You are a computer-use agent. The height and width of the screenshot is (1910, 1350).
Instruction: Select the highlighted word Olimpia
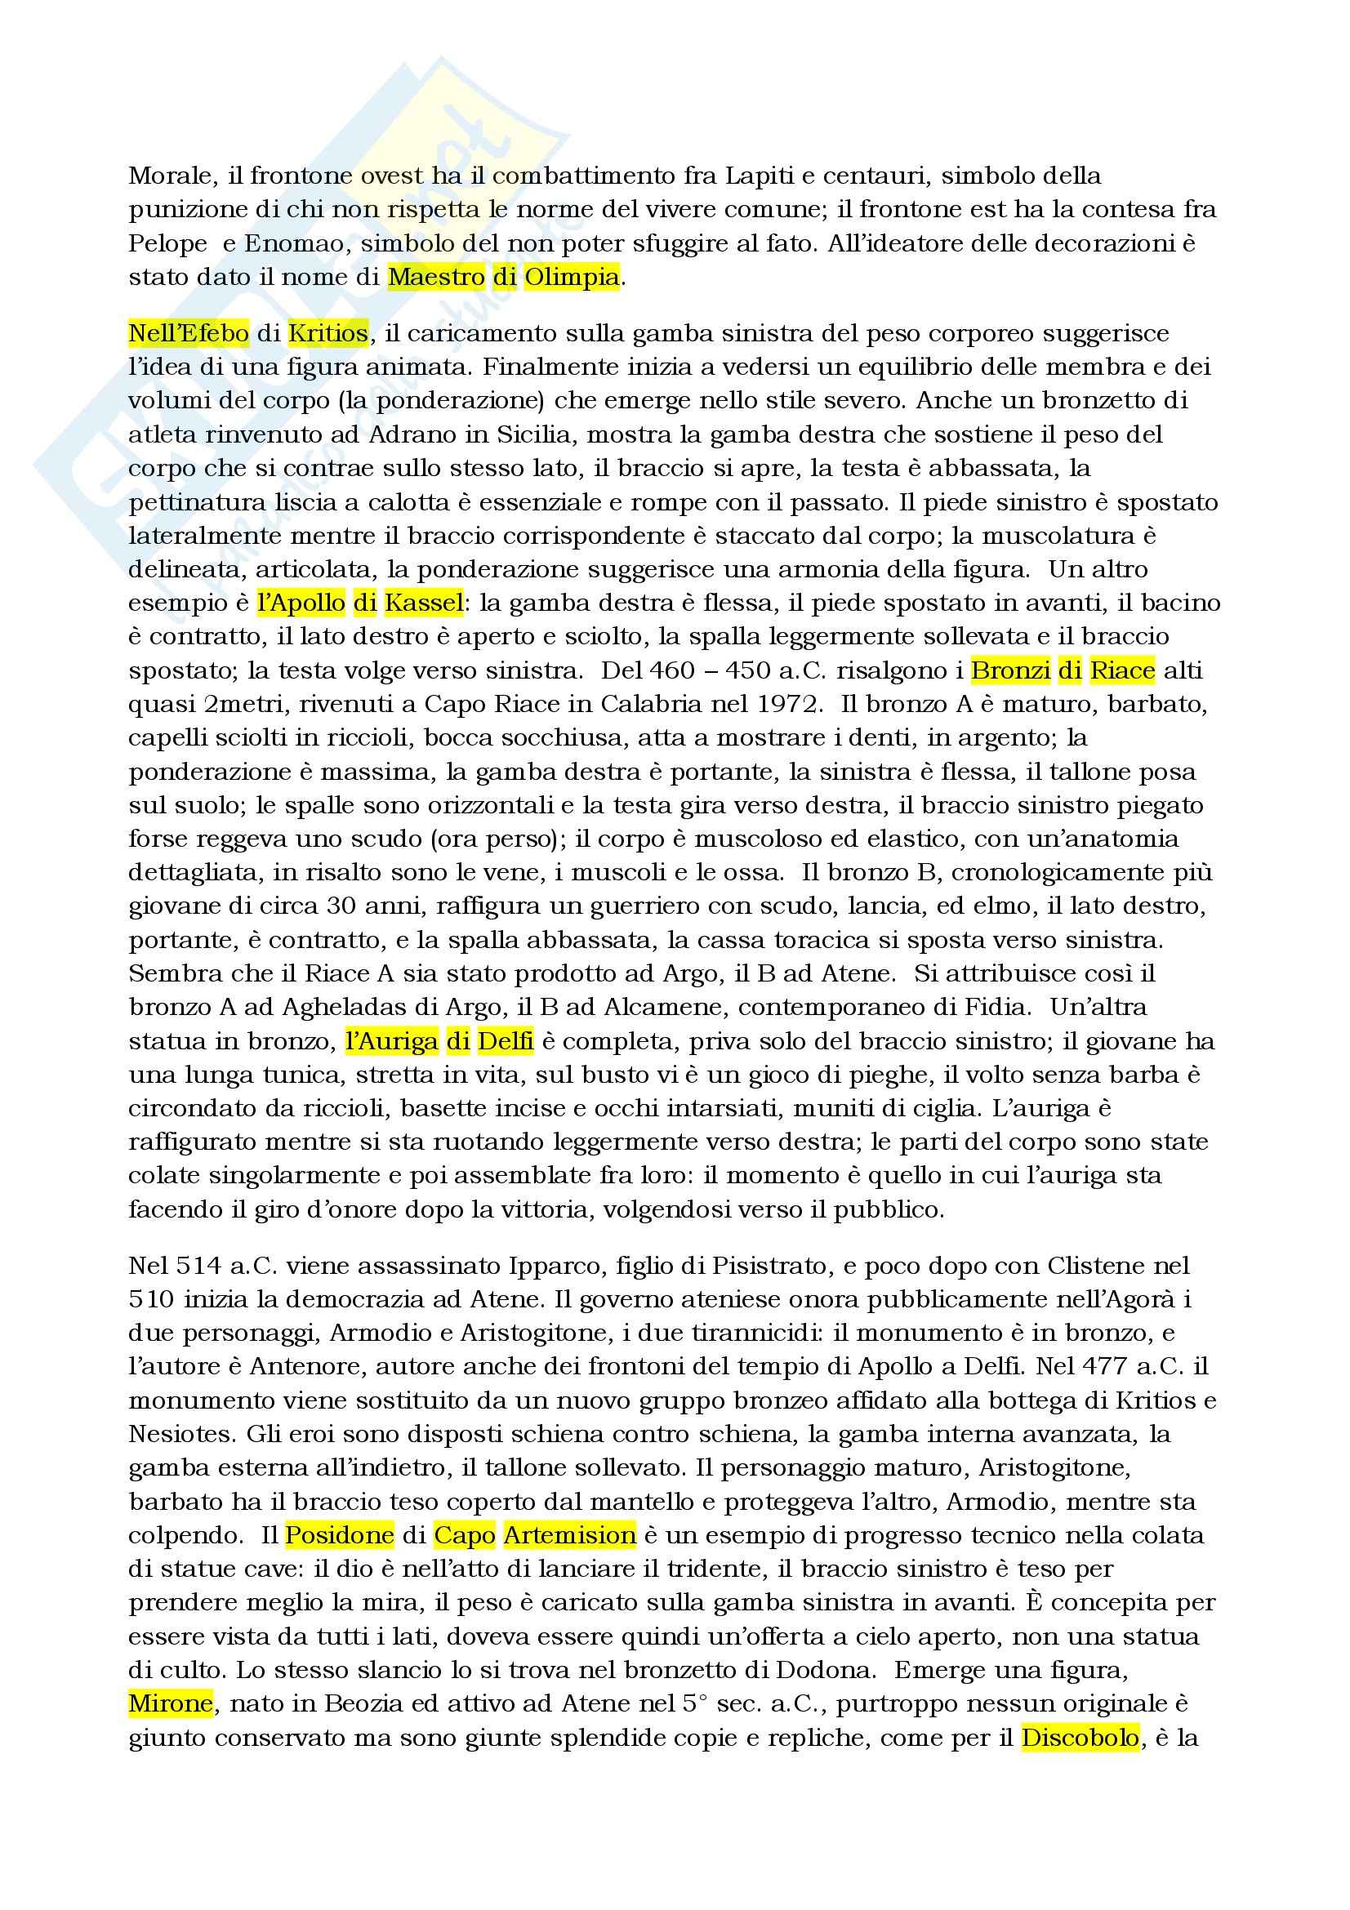tap(572, 277)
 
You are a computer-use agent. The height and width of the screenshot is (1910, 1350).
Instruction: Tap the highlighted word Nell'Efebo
tap(189, 334)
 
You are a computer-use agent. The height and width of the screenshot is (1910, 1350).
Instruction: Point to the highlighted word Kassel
tap(421, 603)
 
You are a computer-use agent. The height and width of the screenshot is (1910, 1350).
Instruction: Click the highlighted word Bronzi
tap(1010, 670)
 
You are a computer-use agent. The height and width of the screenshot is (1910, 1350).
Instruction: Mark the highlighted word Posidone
tap(340, 1535)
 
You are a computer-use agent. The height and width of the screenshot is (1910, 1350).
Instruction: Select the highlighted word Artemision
tap(570, 1535)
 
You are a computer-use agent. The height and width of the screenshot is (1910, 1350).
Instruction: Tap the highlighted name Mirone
tap(171, 1703)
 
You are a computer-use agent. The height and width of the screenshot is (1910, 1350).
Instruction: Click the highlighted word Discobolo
tap(1080, 1738)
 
